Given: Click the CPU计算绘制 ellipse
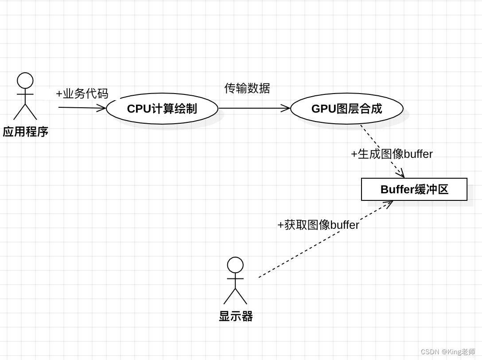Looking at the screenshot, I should point(162,109).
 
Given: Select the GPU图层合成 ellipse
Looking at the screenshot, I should point(346,109).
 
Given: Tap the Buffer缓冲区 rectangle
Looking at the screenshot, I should point(414,189).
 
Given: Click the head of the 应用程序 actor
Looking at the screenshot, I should point(25,81).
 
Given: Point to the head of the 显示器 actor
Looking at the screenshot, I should point(235,265).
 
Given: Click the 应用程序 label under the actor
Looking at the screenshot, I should point(25,132).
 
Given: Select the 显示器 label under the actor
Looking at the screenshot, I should point(236,316).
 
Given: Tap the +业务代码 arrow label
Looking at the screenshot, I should point(82,94).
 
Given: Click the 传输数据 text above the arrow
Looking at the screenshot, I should point(247,88).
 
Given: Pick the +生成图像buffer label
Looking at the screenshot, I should point(392,154).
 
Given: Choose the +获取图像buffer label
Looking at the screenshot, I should point(318,225).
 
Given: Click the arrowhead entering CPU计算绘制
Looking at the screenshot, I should point(102,108).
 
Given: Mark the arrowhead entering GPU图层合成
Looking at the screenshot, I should point(286,108).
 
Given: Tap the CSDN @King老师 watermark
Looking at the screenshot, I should point(447,352).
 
